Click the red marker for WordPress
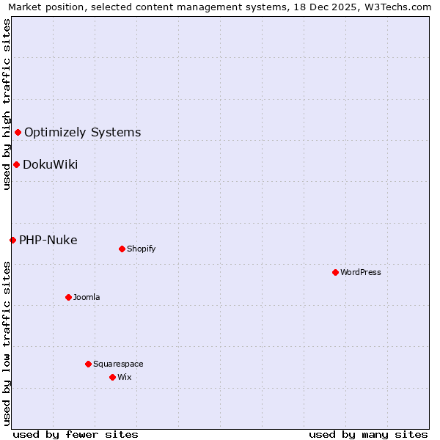point(335,272)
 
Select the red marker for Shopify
point(122,249)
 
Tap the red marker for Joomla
point(68,297)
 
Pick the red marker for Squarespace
point(88,364)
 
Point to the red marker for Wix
point(112,377)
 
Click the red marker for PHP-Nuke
point(12,240)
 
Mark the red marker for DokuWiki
point(16,164)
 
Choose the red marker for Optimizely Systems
point(18,132)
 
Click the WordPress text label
point(361,272)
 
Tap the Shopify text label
point(142,249)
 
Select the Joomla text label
point(87,297)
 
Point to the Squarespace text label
point(118,364)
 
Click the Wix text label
point(125,377)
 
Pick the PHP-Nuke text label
point(48,240)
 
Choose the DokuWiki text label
point(51,164)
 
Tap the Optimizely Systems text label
point(83,132)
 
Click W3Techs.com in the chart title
point(402,7)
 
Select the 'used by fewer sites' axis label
point(76,434)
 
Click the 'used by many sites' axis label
point(368,434)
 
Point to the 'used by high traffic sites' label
point(7,104)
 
